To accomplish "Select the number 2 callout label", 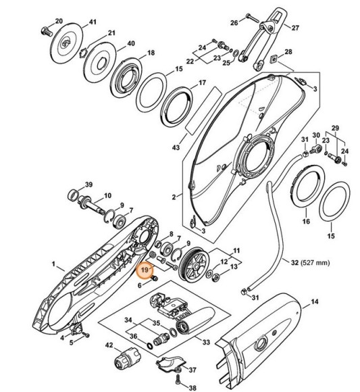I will point(174,197).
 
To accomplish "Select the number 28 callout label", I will point(288,52).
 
